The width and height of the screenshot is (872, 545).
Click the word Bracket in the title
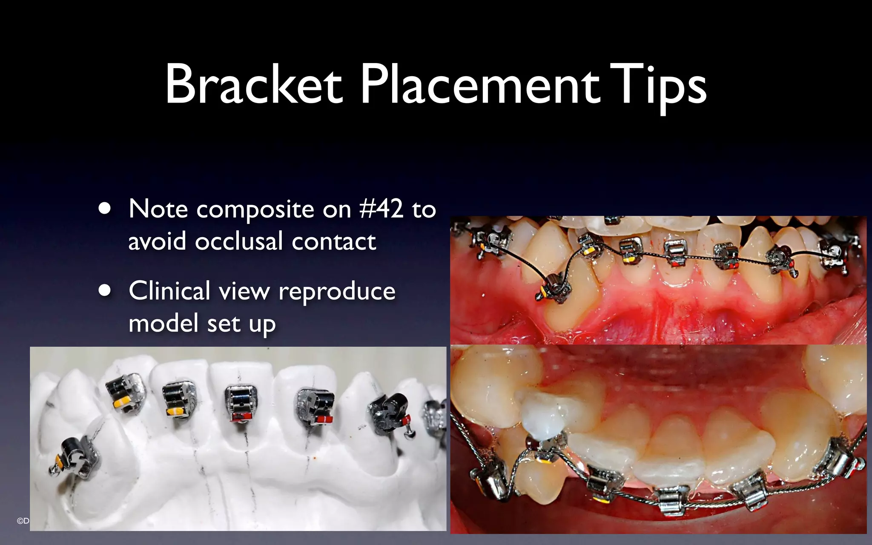pyautogui.click(x=254, y=84)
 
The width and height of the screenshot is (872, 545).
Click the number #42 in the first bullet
pyautogui.click(x=381, y=209)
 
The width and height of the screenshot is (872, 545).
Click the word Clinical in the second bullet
pyautogui.click(x=169, y=291)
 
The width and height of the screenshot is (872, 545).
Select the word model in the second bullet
pyautogui.click(x=163, y=323)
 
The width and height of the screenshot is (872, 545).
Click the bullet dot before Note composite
pyautogui.click(x=104, y=209)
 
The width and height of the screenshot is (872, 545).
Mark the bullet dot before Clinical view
pyautogui.click(x=104, y=291)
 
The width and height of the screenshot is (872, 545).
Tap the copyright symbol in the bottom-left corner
pyautogui.click(x=20, y=521)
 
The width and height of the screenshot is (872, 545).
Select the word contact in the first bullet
pyautogui.click(x=334, y=241)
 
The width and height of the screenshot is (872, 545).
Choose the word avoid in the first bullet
pyautogui.click(x=157, y=241)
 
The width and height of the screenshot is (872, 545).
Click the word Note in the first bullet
pyautogui.click(x=158, y=209)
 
